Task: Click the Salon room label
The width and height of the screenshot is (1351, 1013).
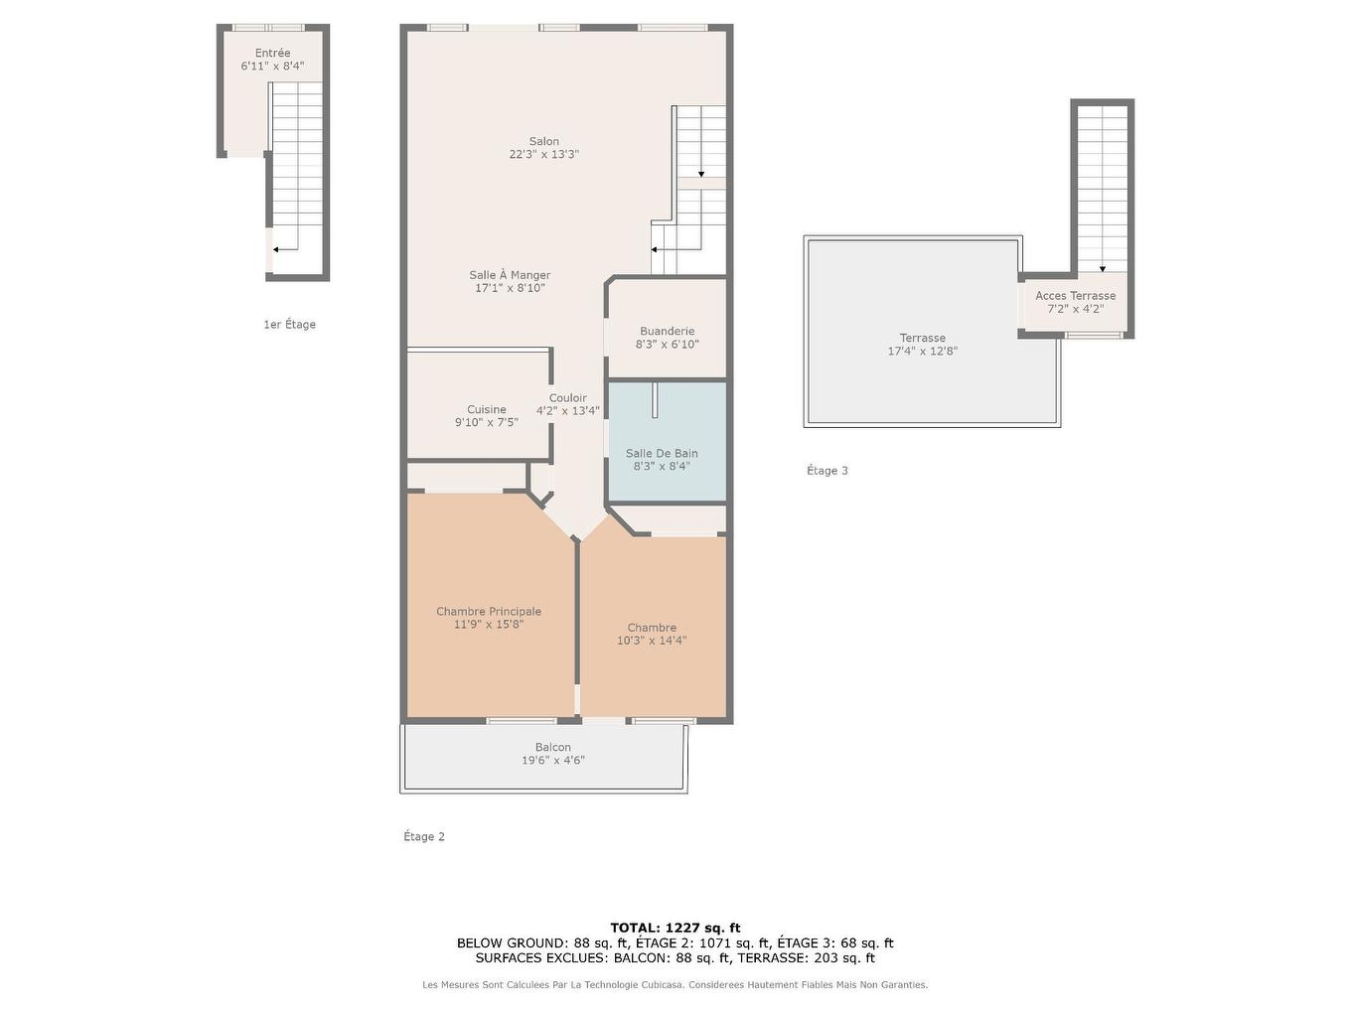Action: [x=543, y=142]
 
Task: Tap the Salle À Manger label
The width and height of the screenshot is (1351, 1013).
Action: [x=510, y=275]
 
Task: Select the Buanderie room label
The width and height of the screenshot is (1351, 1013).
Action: [x=667, y=332]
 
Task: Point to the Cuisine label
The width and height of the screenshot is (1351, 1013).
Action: [x=487, y=409]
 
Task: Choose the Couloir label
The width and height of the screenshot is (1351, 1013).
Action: [x=567, y=398]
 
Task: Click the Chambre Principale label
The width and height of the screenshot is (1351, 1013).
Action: [x=489, y=612]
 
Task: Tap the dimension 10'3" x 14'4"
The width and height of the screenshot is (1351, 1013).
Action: [x=652, y=641]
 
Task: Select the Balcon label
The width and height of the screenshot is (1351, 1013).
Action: [x=553, y=748]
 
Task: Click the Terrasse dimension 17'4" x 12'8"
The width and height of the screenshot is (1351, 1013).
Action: [x=922, y=352]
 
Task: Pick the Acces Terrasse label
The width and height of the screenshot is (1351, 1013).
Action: [x=1075, y=296]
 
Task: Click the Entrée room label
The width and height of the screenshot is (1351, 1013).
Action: [x=272, y=54]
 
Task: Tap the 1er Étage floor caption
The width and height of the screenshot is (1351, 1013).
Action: [x=289, y=325]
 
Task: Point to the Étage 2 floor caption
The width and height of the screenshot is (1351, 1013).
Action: [x=424, y=837]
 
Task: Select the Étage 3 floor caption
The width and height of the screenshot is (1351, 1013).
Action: [x=827, y=471]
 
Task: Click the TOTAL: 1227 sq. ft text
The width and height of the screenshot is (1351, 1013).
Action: [x=675, y=928]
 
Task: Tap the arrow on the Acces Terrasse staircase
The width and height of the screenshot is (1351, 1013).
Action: [x=1103, y=268]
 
